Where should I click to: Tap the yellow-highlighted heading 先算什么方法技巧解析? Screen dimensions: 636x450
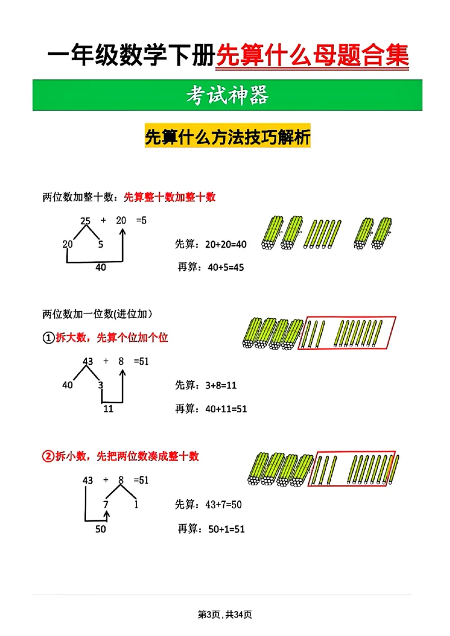pyautogui.click(x=227, y=137)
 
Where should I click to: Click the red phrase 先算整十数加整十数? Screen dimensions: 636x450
pyautogui.click(x=169, y=197)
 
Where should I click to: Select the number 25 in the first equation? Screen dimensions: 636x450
pyautogui.click(x=85, y=221)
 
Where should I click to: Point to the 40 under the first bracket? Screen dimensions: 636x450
pyautogui.click(x=100, y=268)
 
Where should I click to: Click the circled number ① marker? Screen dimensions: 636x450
pyautogui.click(x=48, y=338)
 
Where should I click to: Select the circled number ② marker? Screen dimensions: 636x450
pyautogui.click(x=48, y=456)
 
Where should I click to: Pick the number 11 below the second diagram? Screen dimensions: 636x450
pyautogui.click(x=108, y=409)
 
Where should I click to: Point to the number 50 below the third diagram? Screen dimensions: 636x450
pyautogui.click(x=100, y=529)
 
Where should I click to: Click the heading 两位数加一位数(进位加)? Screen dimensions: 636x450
pyautogui.click(x=98, y=314)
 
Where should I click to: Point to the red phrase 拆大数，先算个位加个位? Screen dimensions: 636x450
pyautogui.click(x=112, y=338)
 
